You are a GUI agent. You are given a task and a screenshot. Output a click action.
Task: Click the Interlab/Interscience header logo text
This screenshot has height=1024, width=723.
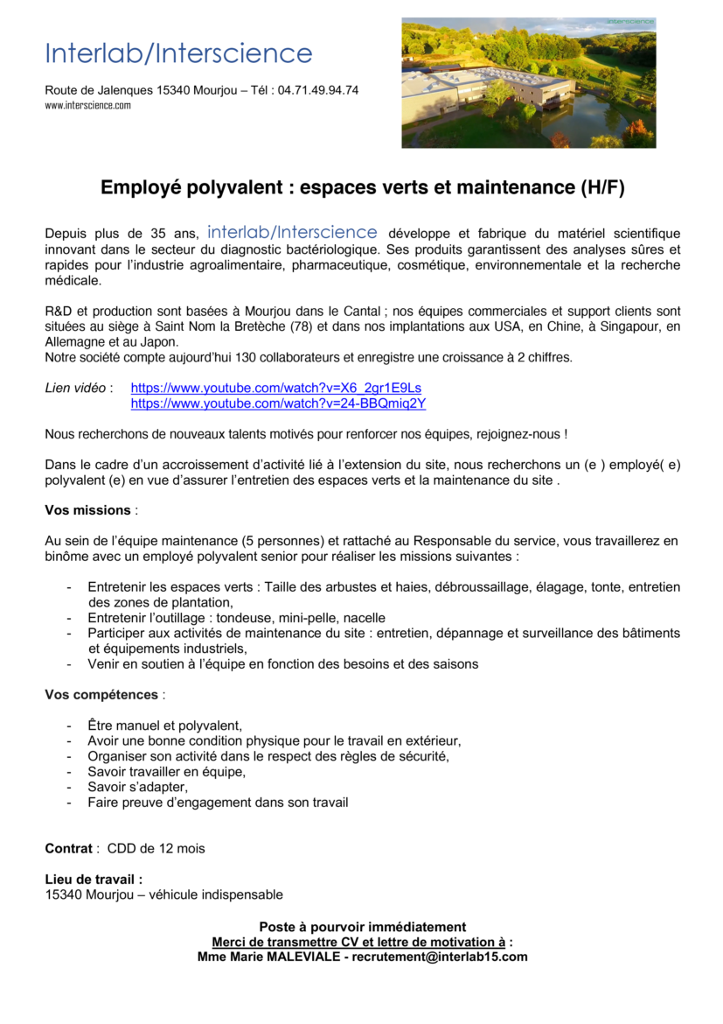[x=178, y=53]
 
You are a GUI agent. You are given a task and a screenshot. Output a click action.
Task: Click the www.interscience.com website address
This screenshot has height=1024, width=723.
[x=87, y=105]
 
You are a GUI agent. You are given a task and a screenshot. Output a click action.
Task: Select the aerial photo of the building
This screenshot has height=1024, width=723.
[x=528, y=83]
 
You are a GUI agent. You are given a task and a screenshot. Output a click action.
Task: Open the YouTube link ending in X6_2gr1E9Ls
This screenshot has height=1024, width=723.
[x=276, y=388]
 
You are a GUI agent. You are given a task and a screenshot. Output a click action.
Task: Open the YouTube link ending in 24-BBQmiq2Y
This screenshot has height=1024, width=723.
[x=278, y=403]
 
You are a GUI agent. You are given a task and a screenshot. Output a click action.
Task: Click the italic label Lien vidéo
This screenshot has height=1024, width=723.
[x=76, y=388]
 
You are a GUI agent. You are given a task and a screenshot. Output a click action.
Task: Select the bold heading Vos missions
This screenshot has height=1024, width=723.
[x=87, y=510]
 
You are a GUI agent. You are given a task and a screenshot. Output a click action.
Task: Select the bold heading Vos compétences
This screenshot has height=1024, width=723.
[x=101, y=695]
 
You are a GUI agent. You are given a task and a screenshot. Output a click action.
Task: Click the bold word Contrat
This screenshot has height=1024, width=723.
[x=68, y=848]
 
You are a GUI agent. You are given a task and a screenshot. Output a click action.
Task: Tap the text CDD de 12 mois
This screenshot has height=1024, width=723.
[x=156, y=848]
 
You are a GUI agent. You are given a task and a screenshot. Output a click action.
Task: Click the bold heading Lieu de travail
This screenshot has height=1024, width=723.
[x=94, y=880]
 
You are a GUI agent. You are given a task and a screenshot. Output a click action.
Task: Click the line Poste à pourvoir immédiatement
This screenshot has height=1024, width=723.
[x=362, y=927]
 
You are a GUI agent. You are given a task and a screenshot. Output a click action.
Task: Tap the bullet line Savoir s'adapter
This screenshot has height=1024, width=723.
[x=137, y=787]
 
